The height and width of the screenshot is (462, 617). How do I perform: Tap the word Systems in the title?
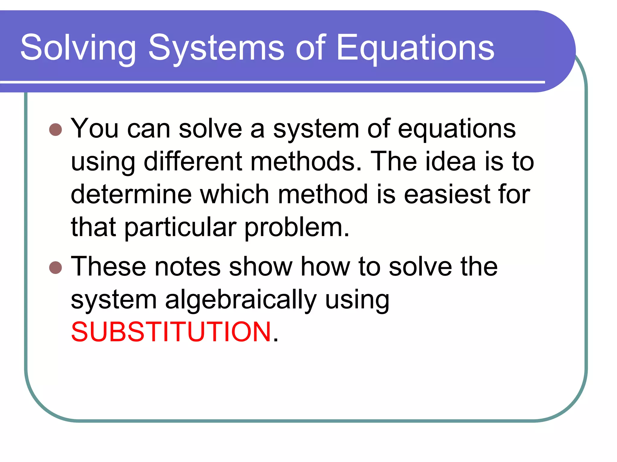216,48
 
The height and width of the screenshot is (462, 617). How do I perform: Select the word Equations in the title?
415,48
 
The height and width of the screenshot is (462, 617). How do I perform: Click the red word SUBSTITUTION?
171,332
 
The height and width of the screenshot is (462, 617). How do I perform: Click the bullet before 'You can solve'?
55,130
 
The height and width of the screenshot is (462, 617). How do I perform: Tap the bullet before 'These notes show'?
55,267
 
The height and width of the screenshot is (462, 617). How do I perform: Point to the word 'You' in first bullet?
94,129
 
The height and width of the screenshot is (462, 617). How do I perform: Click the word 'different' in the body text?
193,162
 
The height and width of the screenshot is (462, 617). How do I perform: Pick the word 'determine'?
131,195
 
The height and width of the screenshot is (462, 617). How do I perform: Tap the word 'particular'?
180,228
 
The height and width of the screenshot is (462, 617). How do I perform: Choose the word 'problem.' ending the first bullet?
296,228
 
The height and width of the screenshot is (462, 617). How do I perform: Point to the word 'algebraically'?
241,300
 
